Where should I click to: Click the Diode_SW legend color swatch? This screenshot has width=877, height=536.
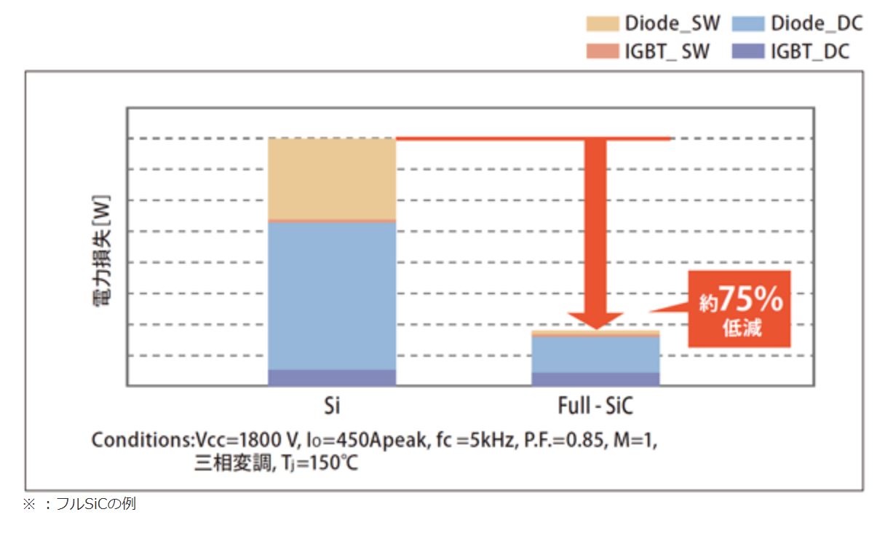click(x=603, y=24)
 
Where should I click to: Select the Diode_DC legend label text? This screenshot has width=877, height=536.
click(x=817, y=23)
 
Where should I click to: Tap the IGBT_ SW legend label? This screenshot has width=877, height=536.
click(x=667, y=52)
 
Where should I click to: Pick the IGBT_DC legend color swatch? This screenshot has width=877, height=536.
click(x=747, y=52)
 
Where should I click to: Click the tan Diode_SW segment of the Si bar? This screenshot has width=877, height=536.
click(x=332, y=178)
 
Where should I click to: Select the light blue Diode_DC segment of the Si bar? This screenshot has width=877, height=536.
click(x=332, y=295)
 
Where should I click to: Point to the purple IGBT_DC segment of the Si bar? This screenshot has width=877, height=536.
click(x=332, y=377)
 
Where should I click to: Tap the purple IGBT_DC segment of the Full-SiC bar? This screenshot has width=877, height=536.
click(x=595, y=379)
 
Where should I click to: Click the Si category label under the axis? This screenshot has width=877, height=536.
click(x=332, y=405)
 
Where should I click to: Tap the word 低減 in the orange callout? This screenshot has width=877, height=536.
click(x=742, y=328)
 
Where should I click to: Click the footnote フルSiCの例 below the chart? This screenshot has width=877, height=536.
click(x=95, y=504)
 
